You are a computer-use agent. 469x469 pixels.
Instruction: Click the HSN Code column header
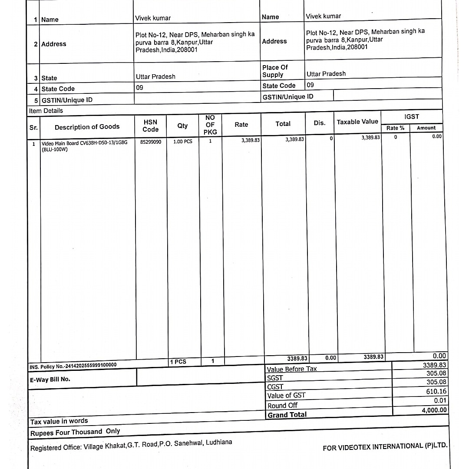click(150, 126)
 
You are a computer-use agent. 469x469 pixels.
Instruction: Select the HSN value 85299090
click(151, 142)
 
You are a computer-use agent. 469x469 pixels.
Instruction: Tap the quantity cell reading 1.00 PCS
click(182, 142)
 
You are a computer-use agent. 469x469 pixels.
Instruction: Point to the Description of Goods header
click(87, 127)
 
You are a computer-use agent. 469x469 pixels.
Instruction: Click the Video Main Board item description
click(84, 146)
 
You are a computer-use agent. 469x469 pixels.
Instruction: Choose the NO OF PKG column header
click(210, 125)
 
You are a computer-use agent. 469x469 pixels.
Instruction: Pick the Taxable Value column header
click(357, 122)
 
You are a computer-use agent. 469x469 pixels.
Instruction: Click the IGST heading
click(411, 116)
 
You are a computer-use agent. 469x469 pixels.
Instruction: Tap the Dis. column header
click(320, 123)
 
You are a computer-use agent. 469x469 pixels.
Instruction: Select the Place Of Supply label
click(275, 71)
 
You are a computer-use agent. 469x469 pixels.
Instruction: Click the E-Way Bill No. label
click(50, 379)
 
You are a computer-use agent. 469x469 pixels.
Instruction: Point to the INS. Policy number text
click(73, 366)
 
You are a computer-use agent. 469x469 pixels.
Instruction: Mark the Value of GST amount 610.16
click(436, 391)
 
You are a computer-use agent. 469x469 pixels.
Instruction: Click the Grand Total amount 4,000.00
click(434, 410)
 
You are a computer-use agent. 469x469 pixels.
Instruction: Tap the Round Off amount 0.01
click(440, 400)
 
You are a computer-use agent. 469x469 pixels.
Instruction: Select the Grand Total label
click(287, 415)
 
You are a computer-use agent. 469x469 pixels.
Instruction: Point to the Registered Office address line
click(131, 445)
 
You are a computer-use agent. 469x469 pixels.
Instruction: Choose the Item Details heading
click(46, 111)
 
